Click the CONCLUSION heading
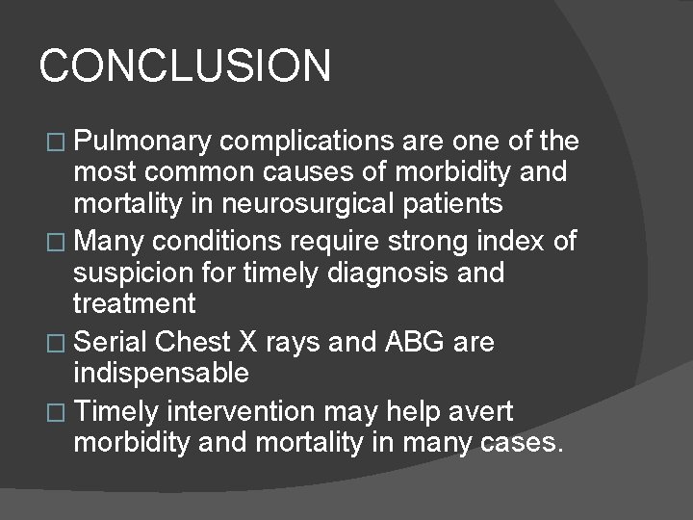185,66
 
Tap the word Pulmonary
141,142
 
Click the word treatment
134,304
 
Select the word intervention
241,412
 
